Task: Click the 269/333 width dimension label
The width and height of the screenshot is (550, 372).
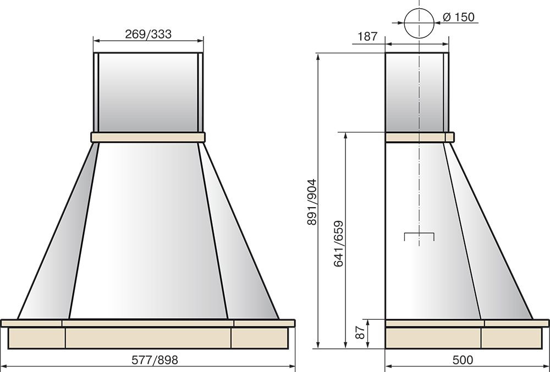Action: click(148, 34)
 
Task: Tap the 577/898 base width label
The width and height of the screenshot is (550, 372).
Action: click(155, 360)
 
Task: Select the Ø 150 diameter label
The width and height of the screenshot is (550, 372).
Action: click(459, 17)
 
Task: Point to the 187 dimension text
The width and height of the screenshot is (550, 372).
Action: click(367, 36)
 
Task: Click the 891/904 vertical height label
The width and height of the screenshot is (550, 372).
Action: click(312, 202)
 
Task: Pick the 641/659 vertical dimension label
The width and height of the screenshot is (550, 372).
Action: click(338, 243)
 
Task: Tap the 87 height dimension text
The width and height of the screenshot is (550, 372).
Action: click(360, 332)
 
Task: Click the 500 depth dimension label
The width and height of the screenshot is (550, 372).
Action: click(463, 360)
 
